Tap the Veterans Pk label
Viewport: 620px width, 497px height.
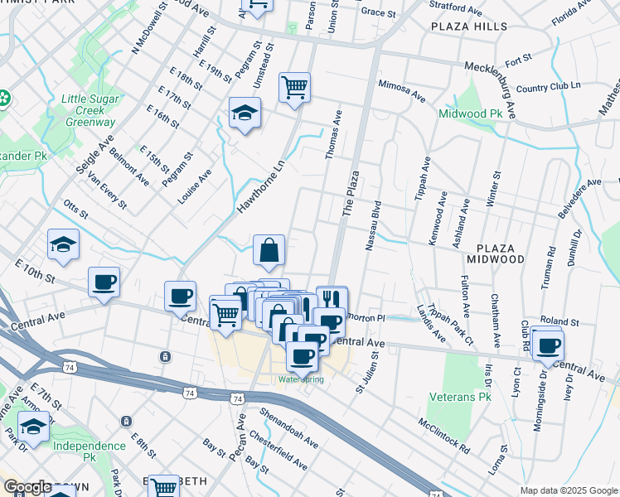pyautogui.click(x=462, y=398)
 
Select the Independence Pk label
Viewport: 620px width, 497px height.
pyautogui.click(x=89, y=446)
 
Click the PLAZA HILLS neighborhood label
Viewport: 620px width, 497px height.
pyautogui.click(x=468, y=27)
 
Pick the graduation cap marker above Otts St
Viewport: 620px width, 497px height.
pyautogui.click(x=64, y=244)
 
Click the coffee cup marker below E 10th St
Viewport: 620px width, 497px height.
pyautogui.click(x=104, y=282)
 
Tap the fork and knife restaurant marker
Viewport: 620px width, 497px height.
pyautogui.click(x=332, y=300)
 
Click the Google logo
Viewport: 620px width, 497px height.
pyautogui.click(x=27, y=488)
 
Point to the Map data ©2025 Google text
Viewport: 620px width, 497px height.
pyautogui.click(x=568, y=490)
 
